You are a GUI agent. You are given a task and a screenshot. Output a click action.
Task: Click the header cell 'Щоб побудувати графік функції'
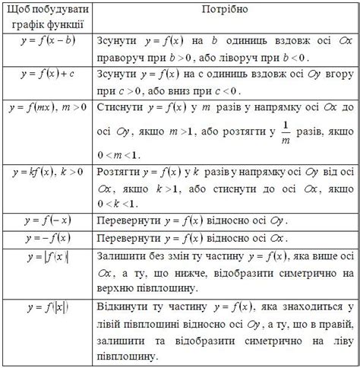point(46,17)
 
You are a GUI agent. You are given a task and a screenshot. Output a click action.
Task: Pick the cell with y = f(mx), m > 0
point(46,108)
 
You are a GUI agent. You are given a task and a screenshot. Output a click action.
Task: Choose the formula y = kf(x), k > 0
point(46,173)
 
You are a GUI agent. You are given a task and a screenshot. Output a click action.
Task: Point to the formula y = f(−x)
point(46,221)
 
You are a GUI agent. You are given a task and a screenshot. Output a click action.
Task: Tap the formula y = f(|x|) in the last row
point(46,308)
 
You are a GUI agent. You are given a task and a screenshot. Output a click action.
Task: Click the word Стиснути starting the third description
point(122,109)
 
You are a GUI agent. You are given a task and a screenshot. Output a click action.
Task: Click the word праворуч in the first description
point(123,56)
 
